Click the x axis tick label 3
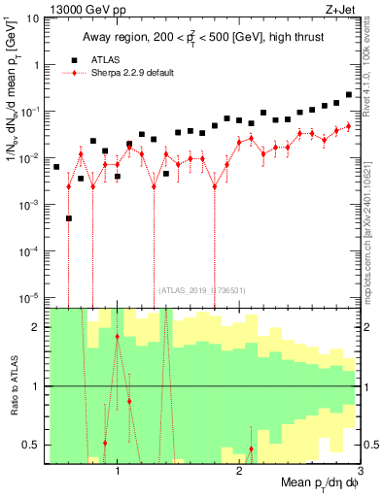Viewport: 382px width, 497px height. (360, 469)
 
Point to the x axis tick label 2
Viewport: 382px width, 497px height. (239, 469)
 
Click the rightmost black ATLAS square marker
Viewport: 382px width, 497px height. (349, 95)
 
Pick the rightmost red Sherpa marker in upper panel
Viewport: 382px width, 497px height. (349, 126)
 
